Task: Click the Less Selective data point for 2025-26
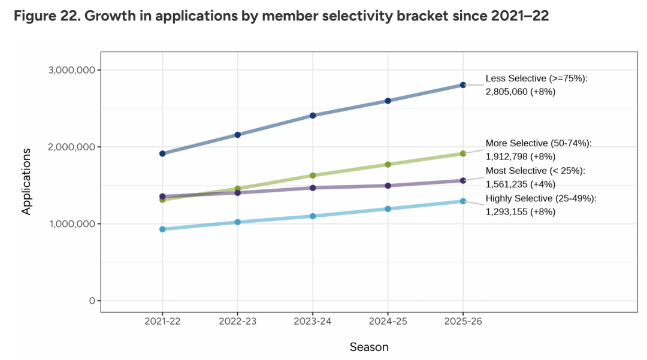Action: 463,85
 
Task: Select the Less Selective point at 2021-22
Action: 162,153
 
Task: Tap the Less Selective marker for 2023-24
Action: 313,116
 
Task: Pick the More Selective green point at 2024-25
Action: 388,164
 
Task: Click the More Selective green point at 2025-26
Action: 463,153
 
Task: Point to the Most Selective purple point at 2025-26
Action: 463,180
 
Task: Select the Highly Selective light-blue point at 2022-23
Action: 238,222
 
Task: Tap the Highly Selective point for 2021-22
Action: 162,229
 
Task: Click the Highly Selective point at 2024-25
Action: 388,209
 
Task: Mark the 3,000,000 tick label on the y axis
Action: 71,70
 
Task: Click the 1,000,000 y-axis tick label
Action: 71,224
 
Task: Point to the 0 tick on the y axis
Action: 92,301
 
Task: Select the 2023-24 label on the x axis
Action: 313,321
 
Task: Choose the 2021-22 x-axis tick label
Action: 162,321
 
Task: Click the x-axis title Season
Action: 369,347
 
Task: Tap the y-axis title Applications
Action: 26,181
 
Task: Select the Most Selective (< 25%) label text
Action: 535,171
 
